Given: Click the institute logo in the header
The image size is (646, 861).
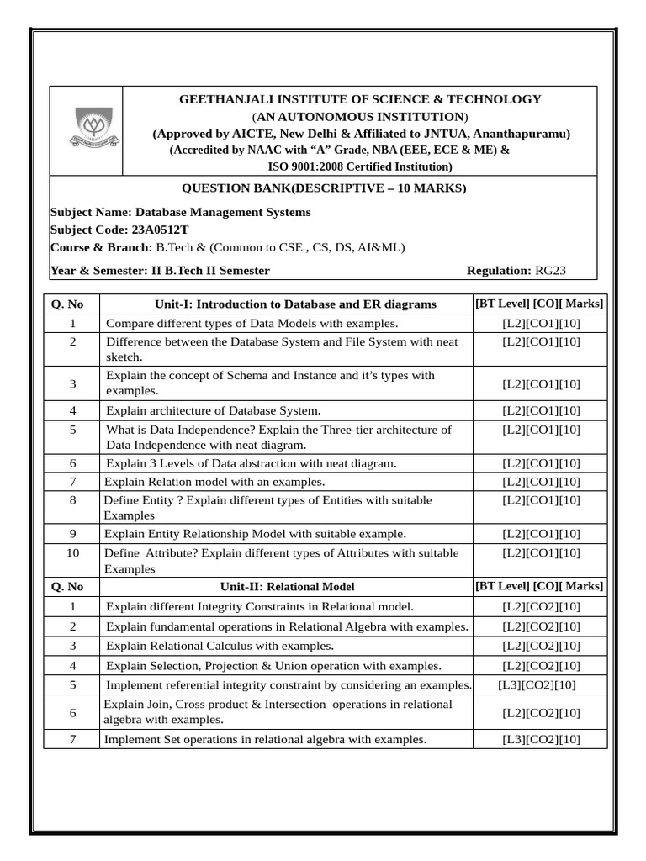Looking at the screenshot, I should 87,130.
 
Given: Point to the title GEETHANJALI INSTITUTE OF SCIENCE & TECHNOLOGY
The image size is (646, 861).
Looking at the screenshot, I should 360,99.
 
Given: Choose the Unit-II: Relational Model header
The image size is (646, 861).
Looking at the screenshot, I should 287,587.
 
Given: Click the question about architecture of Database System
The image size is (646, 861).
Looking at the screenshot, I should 213,410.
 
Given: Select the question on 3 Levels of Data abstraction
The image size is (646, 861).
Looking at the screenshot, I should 251,463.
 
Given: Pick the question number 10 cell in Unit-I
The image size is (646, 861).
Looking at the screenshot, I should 72,552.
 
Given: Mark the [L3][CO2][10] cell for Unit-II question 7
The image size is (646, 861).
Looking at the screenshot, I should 540,740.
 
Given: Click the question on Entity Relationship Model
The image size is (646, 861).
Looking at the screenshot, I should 255,534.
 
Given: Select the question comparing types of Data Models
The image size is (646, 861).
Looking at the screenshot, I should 252,323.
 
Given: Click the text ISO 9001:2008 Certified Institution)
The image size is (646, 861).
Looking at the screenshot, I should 360,166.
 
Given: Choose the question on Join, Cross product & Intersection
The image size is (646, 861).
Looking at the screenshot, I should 278,711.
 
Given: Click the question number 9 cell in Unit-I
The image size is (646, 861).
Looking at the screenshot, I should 72,534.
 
